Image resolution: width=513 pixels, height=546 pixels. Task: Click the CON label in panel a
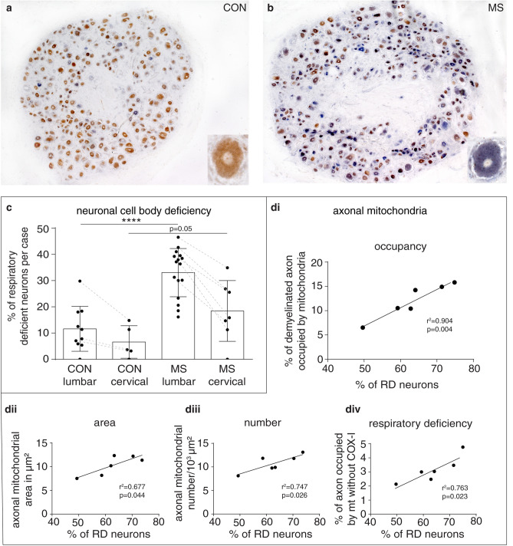[x=235, y=8]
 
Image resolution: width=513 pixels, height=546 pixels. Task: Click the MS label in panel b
[x=495, y=8]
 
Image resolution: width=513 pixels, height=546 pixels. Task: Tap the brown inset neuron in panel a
[x=228, y=159]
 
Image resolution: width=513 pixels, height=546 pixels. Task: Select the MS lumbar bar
[x=178, y=315]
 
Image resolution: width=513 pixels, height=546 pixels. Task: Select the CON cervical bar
[x=129, y=350]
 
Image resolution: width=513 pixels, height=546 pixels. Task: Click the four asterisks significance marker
[x=131, y=220]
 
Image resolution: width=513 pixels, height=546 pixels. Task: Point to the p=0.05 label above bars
[x=180, y=229]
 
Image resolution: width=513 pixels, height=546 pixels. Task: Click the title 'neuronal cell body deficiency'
[x=144, y=211]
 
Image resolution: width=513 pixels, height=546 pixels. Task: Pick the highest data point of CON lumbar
[x=80, y=281]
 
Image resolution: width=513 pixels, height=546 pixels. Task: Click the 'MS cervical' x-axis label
[x=227, y=375]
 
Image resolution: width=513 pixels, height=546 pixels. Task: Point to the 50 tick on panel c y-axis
[x=44, y=229]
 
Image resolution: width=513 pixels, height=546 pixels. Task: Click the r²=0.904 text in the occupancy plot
[x=439, y=321]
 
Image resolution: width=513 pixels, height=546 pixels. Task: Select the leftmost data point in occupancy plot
[x=363, y=327]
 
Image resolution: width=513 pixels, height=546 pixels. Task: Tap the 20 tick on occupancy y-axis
[x=317, y=262]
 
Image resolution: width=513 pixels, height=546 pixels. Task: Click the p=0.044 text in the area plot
[x=132, y=495]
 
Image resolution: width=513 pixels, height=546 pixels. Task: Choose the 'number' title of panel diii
[x=262, y=423]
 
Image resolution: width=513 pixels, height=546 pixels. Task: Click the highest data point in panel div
[x=463, y=447]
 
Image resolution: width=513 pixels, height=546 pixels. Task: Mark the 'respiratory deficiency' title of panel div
[x=420, y=423]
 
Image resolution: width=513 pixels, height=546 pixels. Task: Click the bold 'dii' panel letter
[x=11, y=409]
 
